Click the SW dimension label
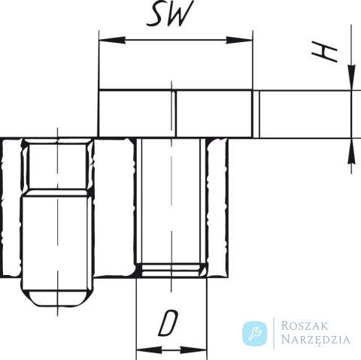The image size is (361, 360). [170, 13]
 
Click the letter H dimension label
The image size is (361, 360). [325, 53]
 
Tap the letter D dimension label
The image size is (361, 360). [168, 323]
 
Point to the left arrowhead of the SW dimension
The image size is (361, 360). [112, 40]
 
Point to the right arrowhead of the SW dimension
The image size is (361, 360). [239, 40]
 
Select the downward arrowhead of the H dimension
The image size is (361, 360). [351, 77]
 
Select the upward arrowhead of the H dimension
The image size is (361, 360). [351, 151]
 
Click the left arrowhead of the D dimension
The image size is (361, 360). [149, 350]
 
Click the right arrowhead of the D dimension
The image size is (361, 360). [194, 350]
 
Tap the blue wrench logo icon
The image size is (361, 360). [255, 334]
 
